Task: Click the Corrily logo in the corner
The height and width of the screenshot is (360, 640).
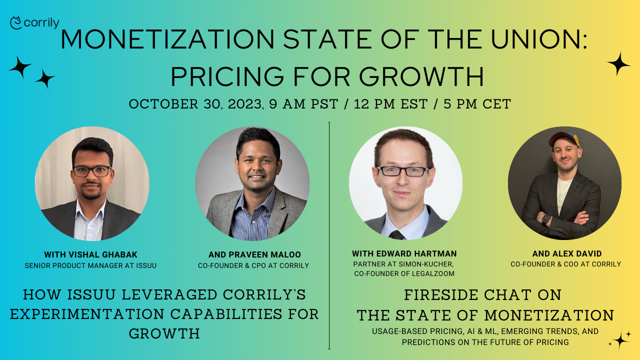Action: point(34,23)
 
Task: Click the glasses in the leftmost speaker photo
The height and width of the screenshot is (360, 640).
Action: point(92,171)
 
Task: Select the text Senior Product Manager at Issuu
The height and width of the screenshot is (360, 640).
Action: point(90,265)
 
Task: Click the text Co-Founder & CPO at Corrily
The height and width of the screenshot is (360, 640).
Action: point(253,265)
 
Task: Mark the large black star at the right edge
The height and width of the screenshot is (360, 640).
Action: point(618,64)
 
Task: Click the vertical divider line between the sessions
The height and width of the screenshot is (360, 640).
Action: point(329,235)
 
